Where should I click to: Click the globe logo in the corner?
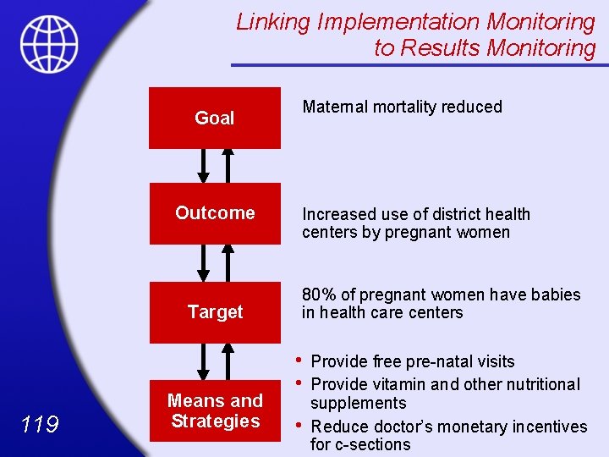coord(49,44)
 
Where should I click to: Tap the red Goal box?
coord(215,118)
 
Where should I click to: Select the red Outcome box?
coord(215,213)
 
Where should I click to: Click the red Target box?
coord(215,312)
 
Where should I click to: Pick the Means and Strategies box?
coord(215,411)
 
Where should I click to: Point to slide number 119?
coord(40,423)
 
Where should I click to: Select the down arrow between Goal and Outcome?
coord(203,165)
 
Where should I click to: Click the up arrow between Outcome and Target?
coord(228,263)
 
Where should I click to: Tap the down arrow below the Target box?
coord(203,362)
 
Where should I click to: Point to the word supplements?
coord(358,404)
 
